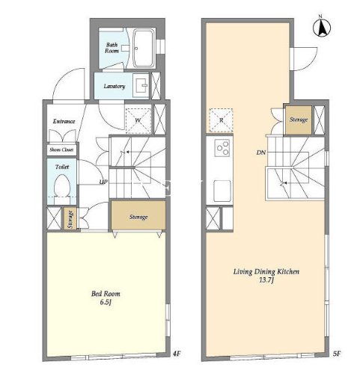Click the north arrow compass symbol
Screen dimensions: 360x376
coord(322,26)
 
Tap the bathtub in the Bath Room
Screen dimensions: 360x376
coord(143,49)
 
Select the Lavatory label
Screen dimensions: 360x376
coord(115,86)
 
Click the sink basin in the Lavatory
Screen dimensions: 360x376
coord(141,85)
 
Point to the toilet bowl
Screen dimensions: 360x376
coord(61,185)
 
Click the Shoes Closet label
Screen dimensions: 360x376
coord(61,150)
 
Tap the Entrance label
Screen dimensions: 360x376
coord(64,121)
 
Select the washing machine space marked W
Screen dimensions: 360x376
coord(138,121)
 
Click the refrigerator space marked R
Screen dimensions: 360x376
coord(221,120)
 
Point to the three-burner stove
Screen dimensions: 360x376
coord(222,148)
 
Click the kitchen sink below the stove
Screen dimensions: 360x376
coord(222,191)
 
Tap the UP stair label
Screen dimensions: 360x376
coord(103,182)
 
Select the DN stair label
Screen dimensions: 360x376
coord(261,152)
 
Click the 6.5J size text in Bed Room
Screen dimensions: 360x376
coord(106,302)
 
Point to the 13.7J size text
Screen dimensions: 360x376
coord(266,280)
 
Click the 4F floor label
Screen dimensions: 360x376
coord(177,353)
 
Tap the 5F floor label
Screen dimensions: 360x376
coord(337,353)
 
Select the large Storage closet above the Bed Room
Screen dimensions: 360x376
coord(138,215)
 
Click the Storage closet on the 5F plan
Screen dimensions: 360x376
coord(299,120)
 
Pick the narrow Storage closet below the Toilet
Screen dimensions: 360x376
coord(70,218)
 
